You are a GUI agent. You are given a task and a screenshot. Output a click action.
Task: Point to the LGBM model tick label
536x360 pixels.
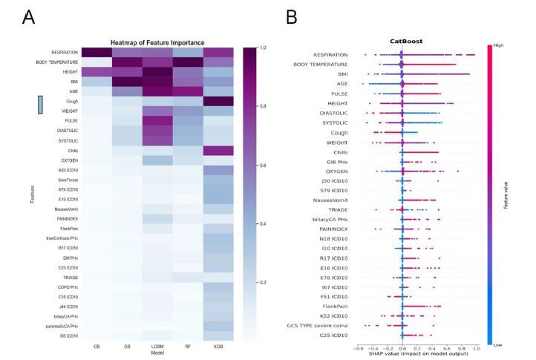point(156,347)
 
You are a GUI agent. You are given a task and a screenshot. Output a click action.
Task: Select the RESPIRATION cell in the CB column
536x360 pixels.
point(97,52)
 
